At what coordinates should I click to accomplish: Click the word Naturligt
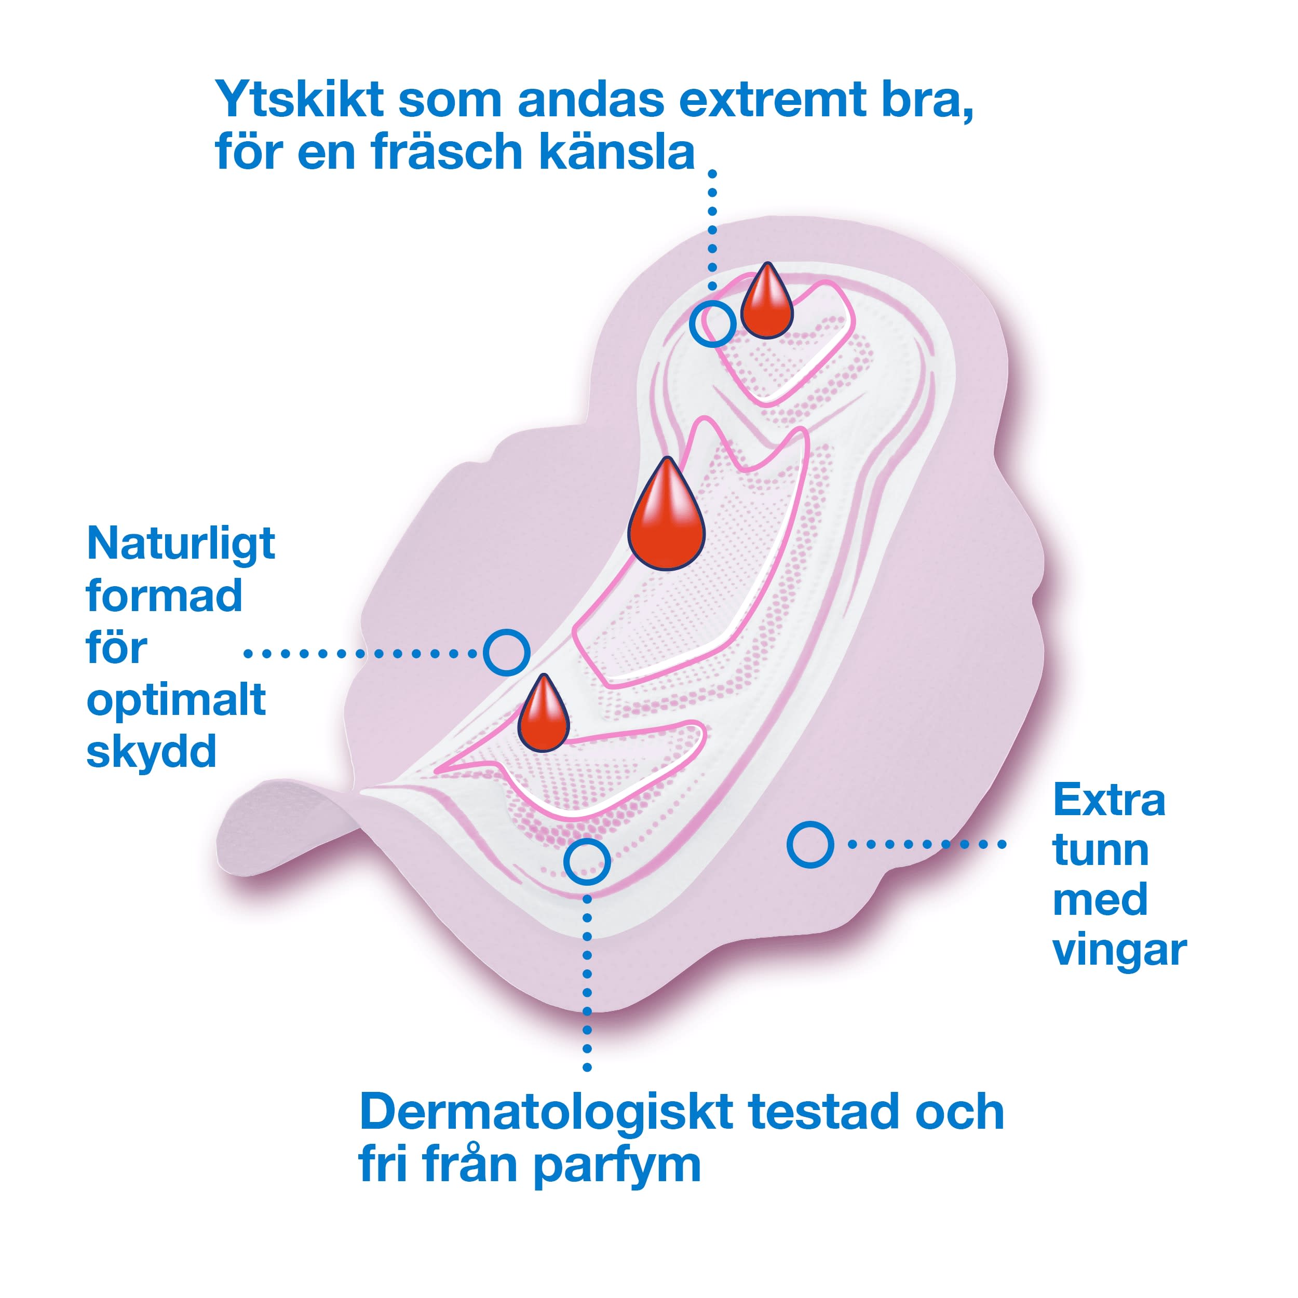click(x=181, y=545)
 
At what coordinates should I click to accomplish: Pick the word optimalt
click(x=176, y=702)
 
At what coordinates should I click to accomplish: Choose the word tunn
click(x=1101, y=851)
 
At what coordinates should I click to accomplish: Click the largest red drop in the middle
click(x=666, y=517)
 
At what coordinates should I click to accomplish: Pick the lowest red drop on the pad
click(x=543, y=716)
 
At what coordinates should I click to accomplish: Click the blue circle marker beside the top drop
click(x=712, y=323)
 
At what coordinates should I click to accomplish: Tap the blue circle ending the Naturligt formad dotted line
click(x=507, y=652)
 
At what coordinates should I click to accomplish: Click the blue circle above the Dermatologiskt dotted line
click(x=587, y=861)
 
